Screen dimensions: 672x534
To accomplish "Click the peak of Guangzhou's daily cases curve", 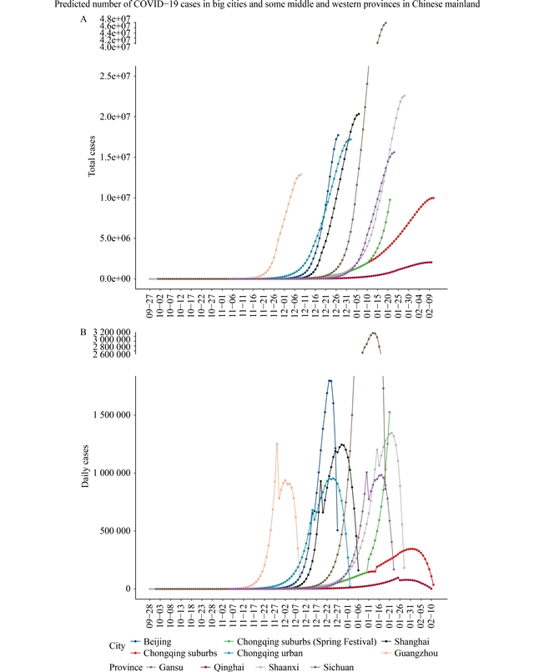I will tap(277, 444).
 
